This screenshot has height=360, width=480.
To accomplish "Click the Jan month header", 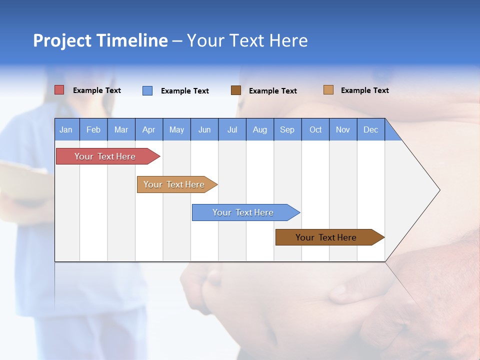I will (66, 129).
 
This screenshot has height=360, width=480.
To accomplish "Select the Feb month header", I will (93, 129).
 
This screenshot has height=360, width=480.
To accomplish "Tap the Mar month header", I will (121, 129).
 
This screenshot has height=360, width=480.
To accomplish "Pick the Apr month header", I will (149, 129).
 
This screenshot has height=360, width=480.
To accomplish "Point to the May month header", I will (176, 129).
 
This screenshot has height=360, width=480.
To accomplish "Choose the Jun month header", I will (204, 129).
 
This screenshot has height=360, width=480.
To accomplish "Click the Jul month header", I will (232, 129).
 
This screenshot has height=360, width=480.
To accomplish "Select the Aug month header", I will (260, 129).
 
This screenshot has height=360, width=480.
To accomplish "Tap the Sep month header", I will (287, 129).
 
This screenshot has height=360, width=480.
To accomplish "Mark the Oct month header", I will (315, 129).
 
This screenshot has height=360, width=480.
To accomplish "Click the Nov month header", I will (343, 129).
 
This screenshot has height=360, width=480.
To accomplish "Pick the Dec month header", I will (371, 129).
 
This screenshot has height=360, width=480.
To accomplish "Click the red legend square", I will (59, 90).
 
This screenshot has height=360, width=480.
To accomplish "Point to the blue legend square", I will (147, 90).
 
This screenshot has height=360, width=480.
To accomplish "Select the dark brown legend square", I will (236, 90).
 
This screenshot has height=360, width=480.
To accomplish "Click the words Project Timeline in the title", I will (100, 40).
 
